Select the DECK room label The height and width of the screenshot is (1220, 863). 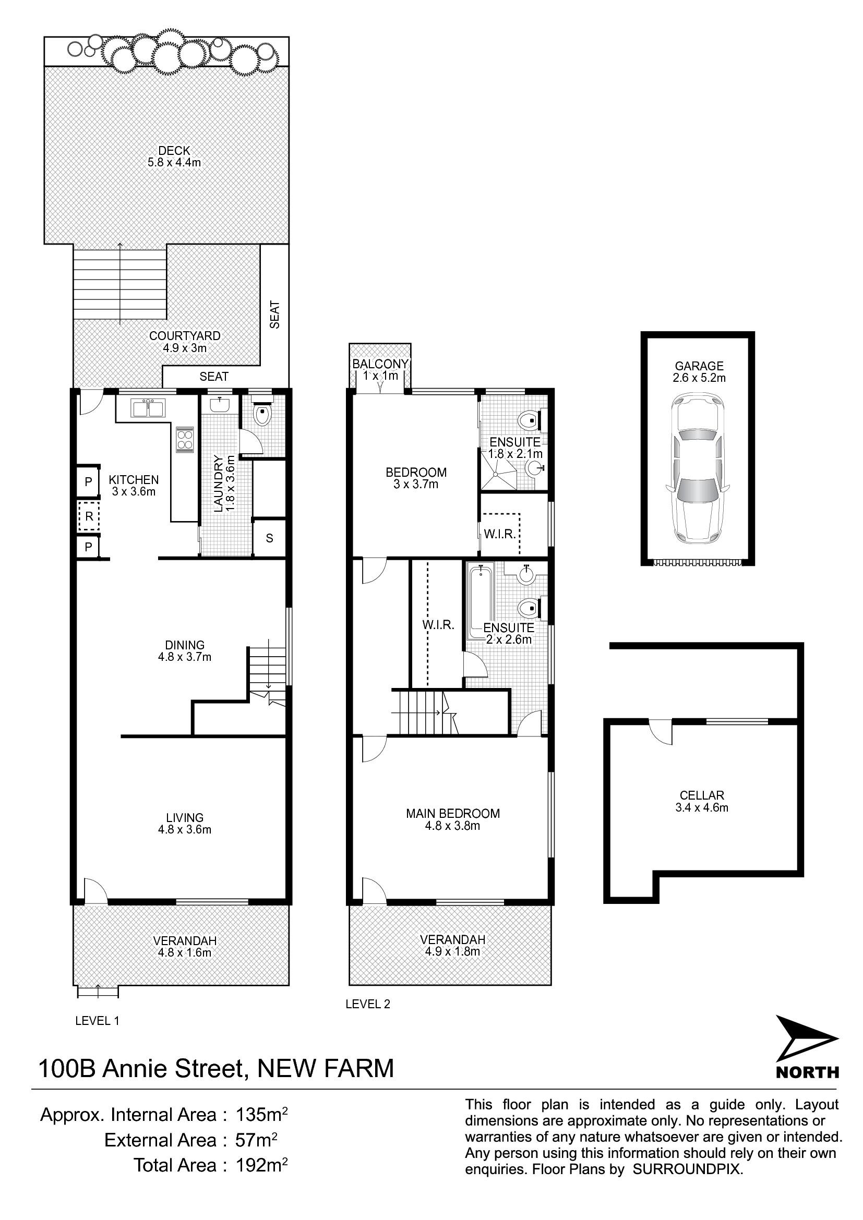(x=174, y=151)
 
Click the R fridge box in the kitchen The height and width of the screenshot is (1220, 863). (x=89, y=516)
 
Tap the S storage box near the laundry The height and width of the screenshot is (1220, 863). (x=269, y=538)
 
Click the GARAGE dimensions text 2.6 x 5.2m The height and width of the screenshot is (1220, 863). (x=699, y=378)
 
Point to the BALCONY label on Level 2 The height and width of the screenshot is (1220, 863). (x=380, y=364)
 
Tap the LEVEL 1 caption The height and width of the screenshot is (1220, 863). (x=97, y=1021)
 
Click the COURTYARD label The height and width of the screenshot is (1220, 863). (x=184, y=336)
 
